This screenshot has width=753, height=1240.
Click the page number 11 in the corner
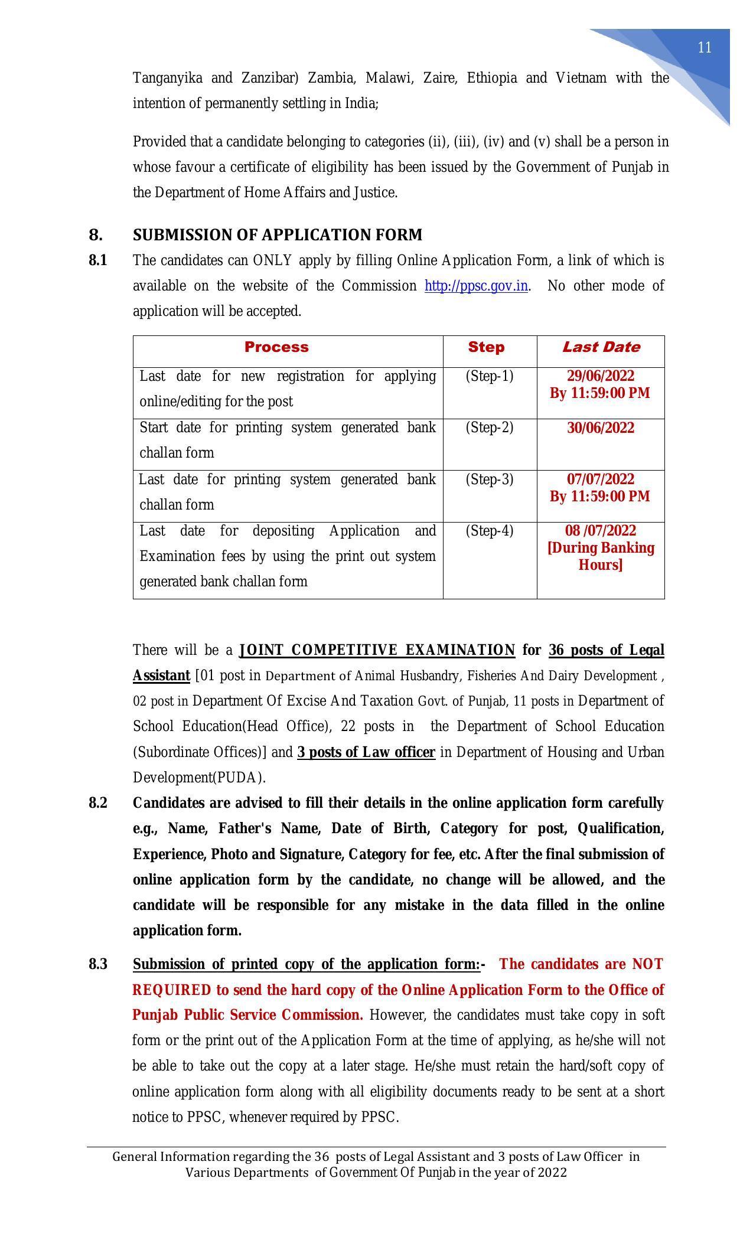704,48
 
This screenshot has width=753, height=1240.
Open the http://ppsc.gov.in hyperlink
476,286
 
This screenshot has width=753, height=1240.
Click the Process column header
276,347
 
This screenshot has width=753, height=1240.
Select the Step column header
486,347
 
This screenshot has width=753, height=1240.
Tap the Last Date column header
601,347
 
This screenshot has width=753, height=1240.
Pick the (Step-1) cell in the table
489,376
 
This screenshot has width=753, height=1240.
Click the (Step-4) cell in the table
489,531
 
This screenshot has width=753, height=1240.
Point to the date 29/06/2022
601,376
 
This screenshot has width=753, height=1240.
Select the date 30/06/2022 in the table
601,428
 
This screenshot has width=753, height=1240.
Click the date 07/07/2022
601,479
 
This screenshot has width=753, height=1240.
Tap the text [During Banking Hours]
601,556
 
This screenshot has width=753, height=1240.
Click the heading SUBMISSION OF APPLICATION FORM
278,235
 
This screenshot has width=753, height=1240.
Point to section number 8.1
98,260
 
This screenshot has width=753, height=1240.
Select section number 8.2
98,803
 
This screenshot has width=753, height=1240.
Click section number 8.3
98,964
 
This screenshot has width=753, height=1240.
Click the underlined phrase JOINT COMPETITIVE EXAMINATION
377,650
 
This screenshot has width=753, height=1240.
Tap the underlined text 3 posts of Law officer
366,752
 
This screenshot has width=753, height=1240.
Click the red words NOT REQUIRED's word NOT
647,964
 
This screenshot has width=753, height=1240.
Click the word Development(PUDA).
198,778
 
